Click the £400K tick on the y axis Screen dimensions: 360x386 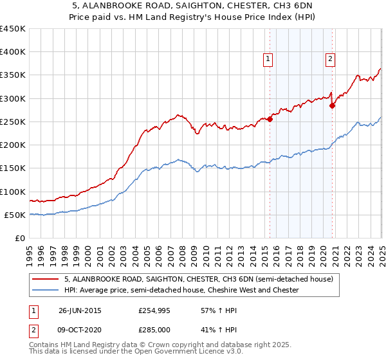pyautogui.click(x=14, y=52)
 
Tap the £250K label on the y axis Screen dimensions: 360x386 pyautogui.click(x=14, y=122)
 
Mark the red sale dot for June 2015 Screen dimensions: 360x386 pyautogui.click(x=270, y=119)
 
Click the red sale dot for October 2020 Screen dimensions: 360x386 pyautogui.click(x=333, y=106)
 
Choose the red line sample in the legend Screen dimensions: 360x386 pyautogui.click(x=46, y=280)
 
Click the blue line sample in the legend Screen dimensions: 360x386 pyautogui.click(x=46, y=291)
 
